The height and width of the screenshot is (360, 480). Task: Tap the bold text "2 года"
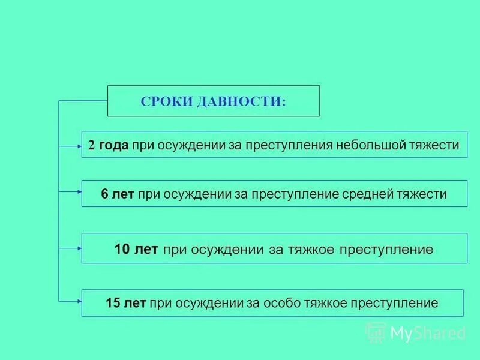click(x=108, y=145)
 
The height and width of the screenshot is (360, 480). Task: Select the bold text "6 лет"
click(x=118, y=194)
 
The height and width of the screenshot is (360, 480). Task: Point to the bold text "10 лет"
click(x=136, y=249)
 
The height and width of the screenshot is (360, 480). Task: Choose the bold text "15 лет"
click(x=125, y=304)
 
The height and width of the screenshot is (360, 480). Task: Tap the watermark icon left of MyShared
click(x=376, y=332)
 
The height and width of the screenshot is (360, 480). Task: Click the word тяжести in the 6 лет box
click(x=425, y=194)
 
